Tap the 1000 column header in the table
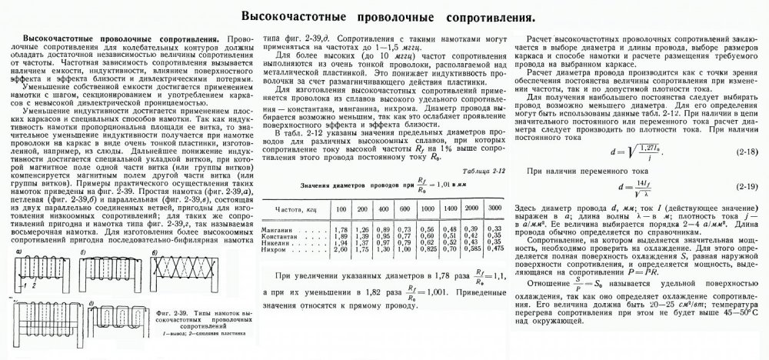pos(431,208)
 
